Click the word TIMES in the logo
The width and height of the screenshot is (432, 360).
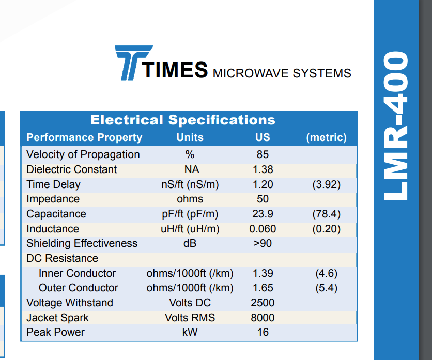click(x=175, y=70)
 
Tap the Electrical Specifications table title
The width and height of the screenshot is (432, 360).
click(x=183, y=120)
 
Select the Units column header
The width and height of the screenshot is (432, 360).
click(x=190, y=137)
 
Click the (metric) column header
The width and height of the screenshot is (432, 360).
click(x=327, y=137)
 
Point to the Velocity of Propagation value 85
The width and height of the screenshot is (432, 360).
click(x=263, y=154)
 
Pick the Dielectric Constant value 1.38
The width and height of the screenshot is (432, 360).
click(x=263, y=169)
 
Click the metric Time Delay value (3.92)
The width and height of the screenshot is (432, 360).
click(x=327, y=184)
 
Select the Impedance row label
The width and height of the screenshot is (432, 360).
click(x=53, y=199)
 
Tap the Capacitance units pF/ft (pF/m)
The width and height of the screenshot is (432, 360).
click(x=190, y=214)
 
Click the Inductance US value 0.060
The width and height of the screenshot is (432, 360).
click(x=263, y=229)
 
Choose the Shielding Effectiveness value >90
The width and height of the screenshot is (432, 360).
click(x=263, y=243)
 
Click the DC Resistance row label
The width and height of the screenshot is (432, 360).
click(x=62, y=258)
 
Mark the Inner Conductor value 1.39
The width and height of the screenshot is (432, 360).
click(x=263, y=273)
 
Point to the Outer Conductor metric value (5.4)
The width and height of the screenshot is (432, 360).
click(x=327, y=288)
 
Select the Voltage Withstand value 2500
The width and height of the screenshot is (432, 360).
click(x=263, y=303)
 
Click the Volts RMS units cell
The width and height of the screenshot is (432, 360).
click(x=190, y=318)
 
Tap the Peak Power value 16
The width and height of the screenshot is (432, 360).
click(x=263, y=332)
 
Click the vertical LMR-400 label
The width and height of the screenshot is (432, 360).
click(x=396, y=126)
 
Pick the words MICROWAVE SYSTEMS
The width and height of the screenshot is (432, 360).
click(x=282, y=73)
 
